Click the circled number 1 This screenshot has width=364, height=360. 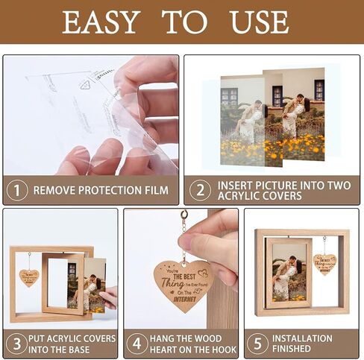pos(16,189)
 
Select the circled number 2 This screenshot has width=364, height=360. pos(199,189)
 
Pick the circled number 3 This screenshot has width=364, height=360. pos(15,344)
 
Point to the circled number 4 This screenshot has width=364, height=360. pos(136,344)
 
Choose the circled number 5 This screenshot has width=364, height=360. pos(258,344)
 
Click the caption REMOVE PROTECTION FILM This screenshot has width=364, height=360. pos(101,190)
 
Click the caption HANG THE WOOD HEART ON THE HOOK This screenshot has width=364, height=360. pos(191,344)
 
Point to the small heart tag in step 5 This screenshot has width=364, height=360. pos(324,264)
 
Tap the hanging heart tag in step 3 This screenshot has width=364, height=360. pos(28,277)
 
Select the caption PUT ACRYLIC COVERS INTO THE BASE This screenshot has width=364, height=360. pos(72,344)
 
